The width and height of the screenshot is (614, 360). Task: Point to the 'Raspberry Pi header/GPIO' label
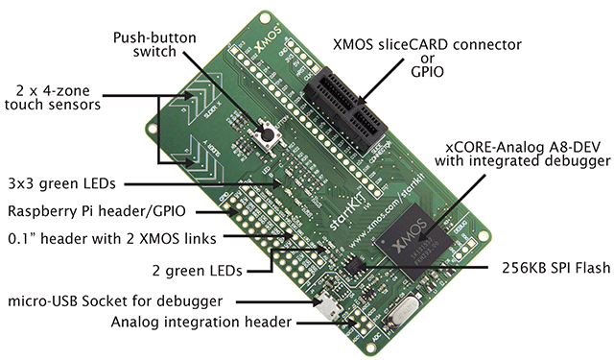pyautogui.click(x=96, y=210)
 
